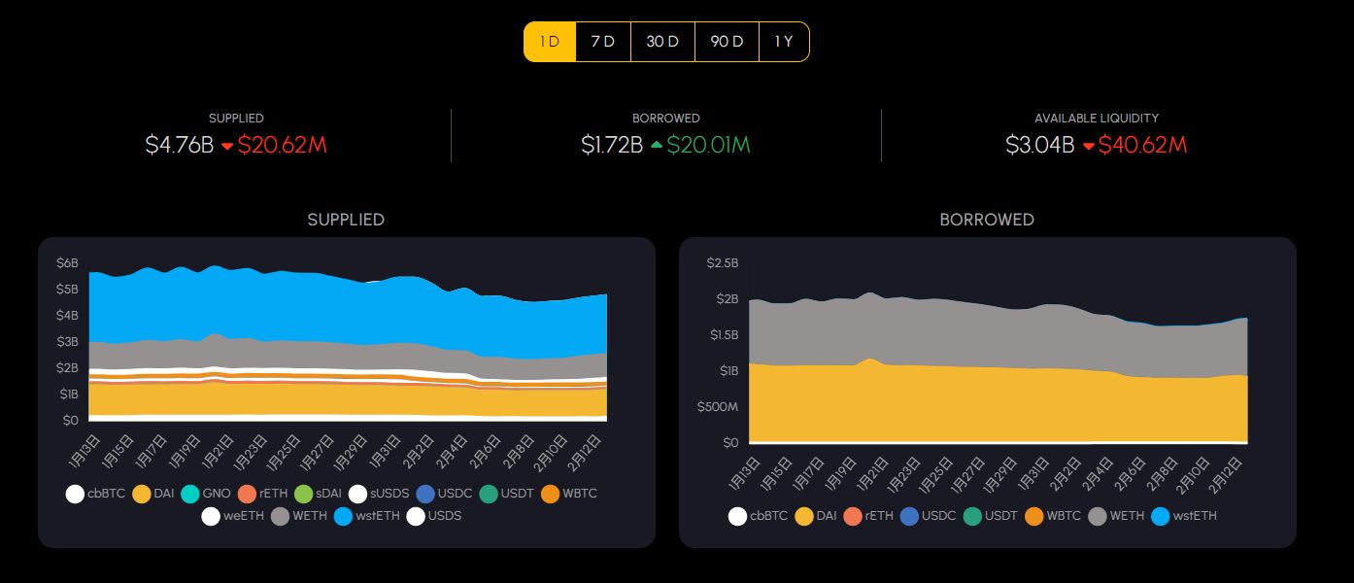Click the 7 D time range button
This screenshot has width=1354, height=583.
[603, 42]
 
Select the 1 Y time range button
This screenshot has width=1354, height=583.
[784, 42]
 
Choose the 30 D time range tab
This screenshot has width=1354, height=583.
[662, 42]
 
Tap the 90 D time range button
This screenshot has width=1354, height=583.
[727, 42]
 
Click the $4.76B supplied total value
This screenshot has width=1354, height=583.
[179, 146]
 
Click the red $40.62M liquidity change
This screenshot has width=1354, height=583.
[1143, 146]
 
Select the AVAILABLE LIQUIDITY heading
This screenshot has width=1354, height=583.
[1096, 118]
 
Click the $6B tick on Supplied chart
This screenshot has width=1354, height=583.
[67, 263]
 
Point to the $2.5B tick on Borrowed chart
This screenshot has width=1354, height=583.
[722, 262]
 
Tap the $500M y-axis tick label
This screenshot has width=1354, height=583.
[718, 406]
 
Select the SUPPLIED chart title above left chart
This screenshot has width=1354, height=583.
[346, 220]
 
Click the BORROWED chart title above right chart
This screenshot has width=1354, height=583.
[987, 220]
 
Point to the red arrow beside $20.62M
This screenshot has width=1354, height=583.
[227, 147]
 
